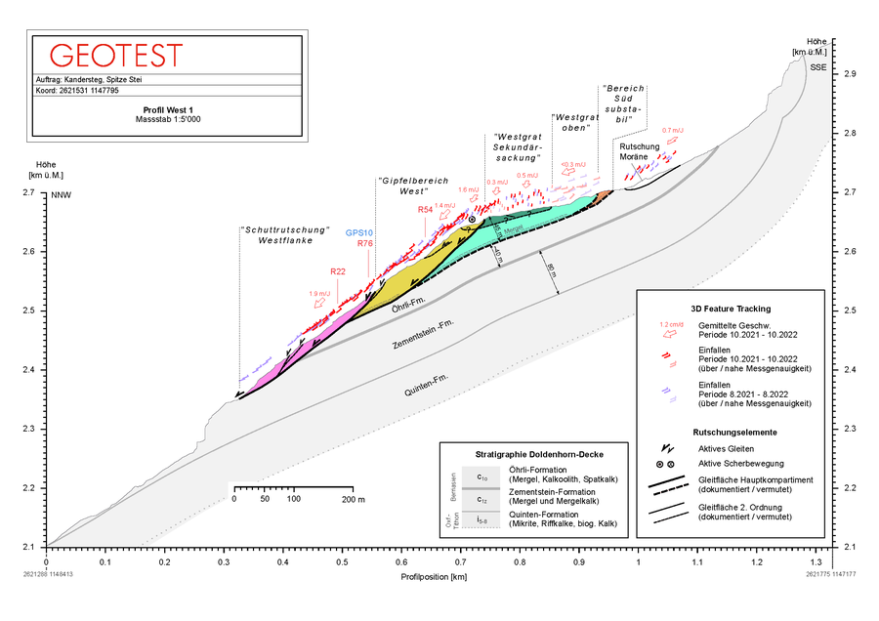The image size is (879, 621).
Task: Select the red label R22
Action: (x=338, y=271)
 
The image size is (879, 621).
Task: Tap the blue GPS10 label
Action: (x=359, y=232)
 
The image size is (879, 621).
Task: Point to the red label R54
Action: (x=425, y=210)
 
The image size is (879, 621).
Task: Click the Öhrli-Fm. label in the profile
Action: (x=406, y=310)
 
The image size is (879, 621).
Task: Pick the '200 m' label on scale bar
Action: (x=353, y=499)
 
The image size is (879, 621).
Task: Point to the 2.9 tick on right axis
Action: (x=850, y=74)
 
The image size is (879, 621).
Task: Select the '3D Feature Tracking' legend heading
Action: (x=730, y=308)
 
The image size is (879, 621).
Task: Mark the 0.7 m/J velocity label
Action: (x=672, y=130)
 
